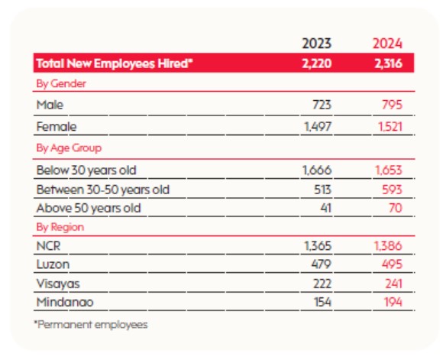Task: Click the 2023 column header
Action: click(316, 44)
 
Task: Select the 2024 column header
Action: click(387, 44)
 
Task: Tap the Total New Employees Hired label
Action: click(115, 63)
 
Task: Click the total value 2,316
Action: click(388, 63)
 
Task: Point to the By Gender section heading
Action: click(61, 84)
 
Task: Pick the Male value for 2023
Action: click(322, 105)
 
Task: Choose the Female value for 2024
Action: click(390, 126)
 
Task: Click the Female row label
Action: click(57, 126)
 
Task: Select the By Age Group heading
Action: click(69, 148)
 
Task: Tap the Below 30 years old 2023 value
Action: click(317, 170)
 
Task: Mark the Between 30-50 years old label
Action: click(103, 190)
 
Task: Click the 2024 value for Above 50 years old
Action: click(395, 208)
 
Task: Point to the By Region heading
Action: click(60, 227)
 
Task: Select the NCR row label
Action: click(48, 246)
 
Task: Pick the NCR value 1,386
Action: click(388, 246)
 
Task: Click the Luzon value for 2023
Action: click(322, 264)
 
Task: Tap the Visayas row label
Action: click(58, 284)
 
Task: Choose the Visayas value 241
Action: click(393, 284)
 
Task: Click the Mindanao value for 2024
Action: click(393, 302)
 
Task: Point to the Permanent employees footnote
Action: click(91, 325)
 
